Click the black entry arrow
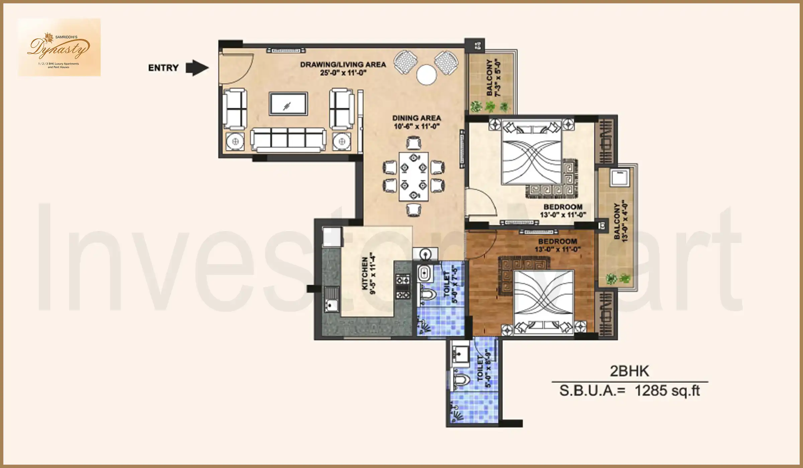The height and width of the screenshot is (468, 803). tap(197, 68)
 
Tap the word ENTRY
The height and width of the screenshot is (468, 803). tap(163, 68)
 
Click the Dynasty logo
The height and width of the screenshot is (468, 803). tap(59, 47)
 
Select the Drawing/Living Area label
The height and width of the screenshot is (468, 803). tap(343, 68)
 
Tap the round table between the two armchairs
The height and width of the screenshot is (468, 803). tap(427, 75)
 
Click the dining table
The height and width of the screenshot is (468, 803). tap(414, 177)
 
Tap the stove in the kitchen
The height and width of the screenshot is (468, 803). tap(403, 286)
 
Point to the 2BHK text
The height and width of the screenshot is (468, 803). tap(629, 371)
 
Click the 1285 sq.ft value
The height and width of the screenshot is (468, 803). tap(667, 390)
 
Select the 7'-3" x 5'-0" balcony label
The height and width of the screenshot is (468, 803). tap(494, 78)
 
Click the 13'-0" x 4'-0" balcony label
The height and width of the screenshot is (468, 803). tap(620, 221)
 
